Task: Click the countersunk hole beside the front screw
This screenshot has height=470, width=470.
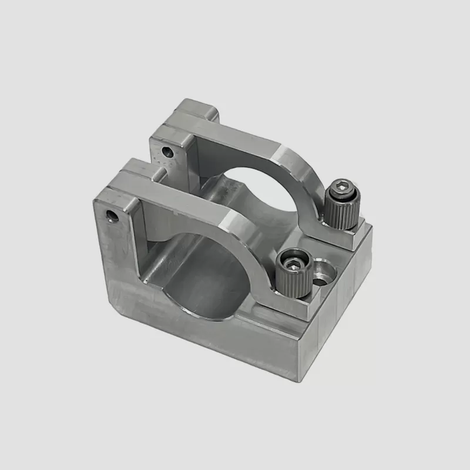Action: point(321,273)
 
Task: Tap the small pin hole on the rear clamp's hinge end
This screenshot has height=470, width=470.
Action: point(169,152)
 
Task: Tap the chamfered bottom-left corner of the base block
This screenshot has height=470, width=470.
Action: point(115,305)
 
